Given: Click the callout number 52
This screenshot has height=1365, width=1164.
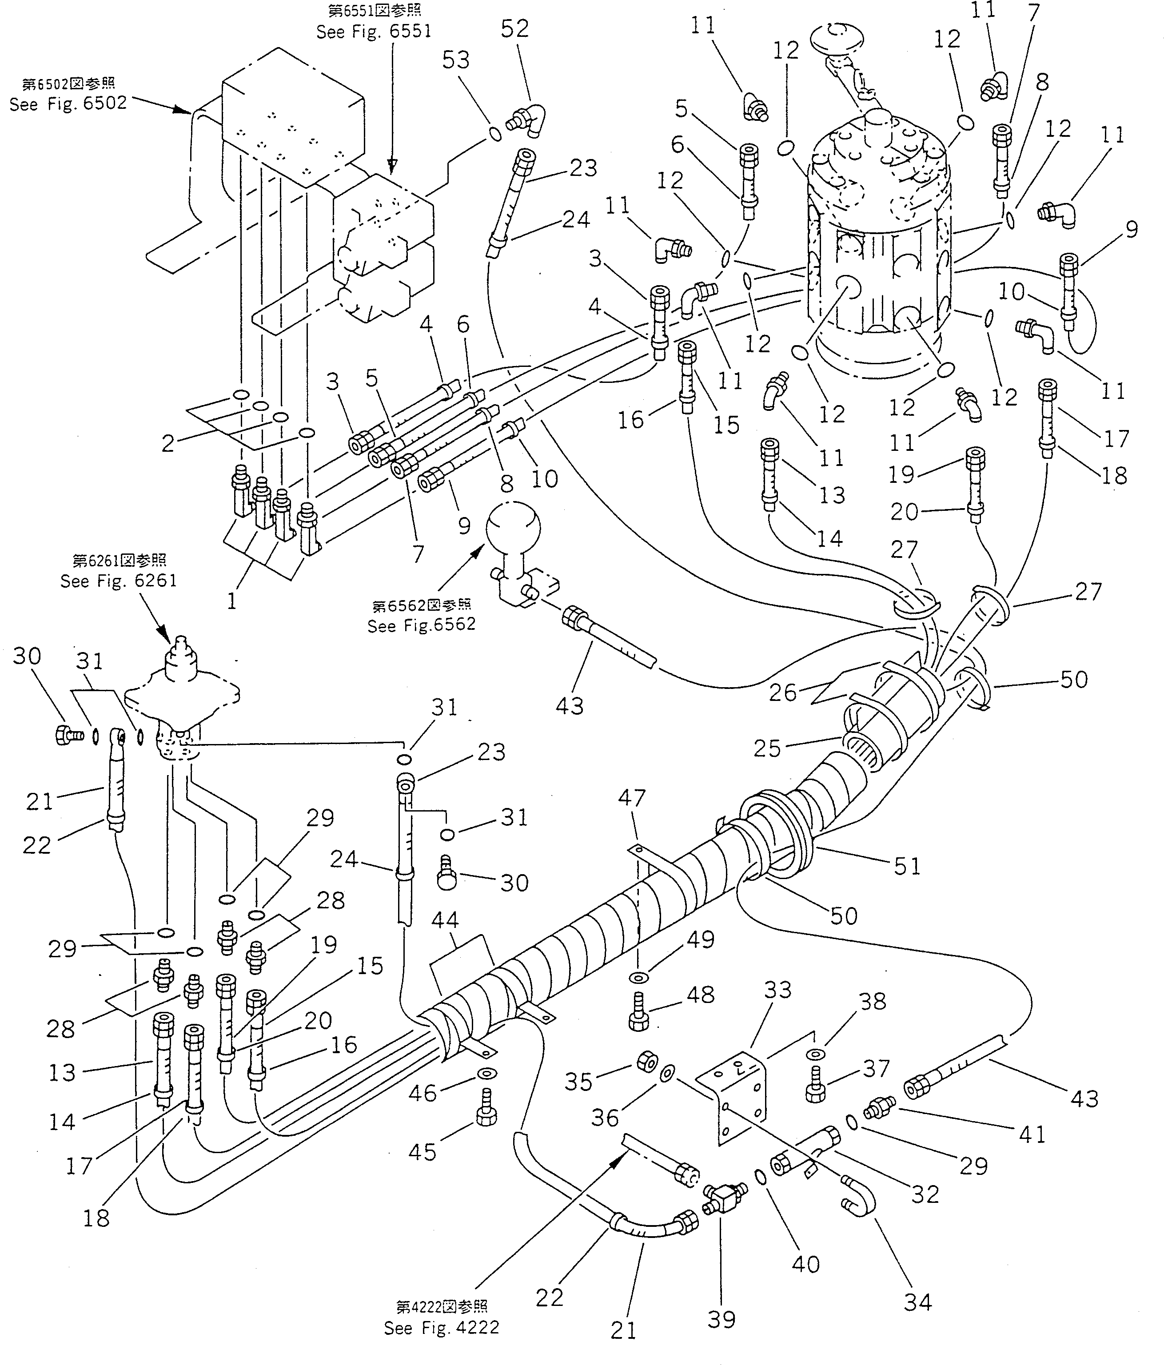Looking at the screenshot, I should [x=514, y=28].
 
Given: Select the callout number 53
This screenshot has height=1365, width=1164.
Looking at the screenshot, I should [x=456, y=60].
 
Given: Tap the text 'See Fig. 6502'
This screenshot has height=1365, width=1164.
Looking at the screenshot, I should [x=68, y=104].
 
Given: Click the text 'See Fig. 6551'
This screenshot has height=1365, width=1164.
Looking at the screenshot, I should [x=374, y=32].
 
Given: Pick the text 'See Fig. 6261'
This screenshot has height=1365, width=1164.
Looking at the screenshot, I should [x=119, y=581].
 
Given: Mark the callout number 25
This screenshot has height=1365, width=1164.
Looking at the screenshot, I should [x=767, y=748].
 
